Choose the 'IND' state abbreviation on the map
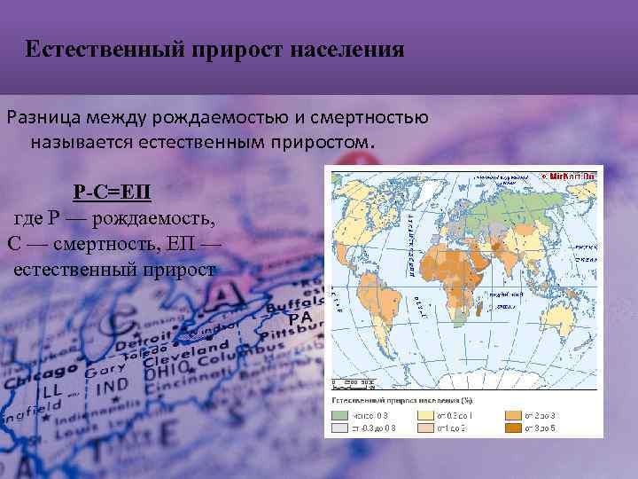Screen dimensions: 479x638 [x=112, y=389]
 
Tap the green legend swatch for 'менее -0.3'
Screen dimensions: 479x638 [x=341, y=414]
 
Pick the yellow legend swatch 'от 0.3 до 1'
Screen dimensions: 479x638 [x=426, y=414]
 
